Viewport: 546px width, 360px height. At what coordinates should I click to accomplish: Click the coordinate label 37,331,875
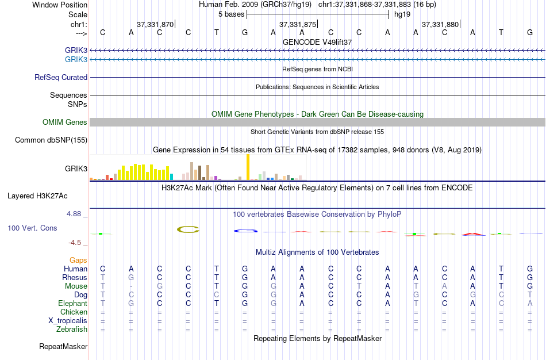click(x=297, y=25)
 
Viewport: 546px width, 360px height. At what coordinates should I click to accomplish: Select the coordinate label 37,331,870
click(x=155, y=25)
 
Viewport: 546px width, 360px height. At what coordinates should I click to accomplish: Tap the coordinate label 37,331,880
click(x=440, y=25)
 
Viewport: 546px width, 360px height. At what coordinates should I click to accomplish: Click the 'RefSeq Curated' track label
click(x=61, y=77)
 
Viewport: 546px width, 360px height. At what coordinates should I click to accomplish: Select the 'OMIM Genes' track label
click(x=65, y=122)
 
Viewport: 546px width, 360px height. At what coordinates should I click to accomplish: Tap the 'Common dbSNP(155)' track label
click(x=51, y=140)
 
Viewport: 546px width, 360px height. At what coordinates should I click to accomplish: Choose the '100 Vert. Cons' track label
click(x=32, y=228)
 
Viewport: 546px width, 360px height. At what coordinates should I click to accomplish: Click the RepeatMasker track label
click(x=63, y=347)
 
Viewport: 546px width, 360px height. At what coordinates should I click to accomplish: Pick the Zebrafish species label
click(x=72, y=330)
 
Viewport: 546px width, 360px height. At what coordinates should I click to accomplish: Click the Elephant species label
click(x=72, y=304)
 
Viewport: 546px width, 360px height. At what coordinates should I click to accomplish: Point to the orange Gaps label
click(x=78, y=261)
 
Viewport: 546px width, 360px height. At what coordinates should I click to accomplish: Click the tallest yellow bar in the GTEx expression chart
click(x=248, y=167)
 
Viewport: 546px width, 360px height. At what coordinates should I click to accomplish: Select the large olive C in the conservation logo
click(x=188, y=229)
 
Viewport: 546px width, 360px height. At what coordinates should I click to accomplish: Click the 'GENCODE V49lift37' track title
click(x=317, y=42)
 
